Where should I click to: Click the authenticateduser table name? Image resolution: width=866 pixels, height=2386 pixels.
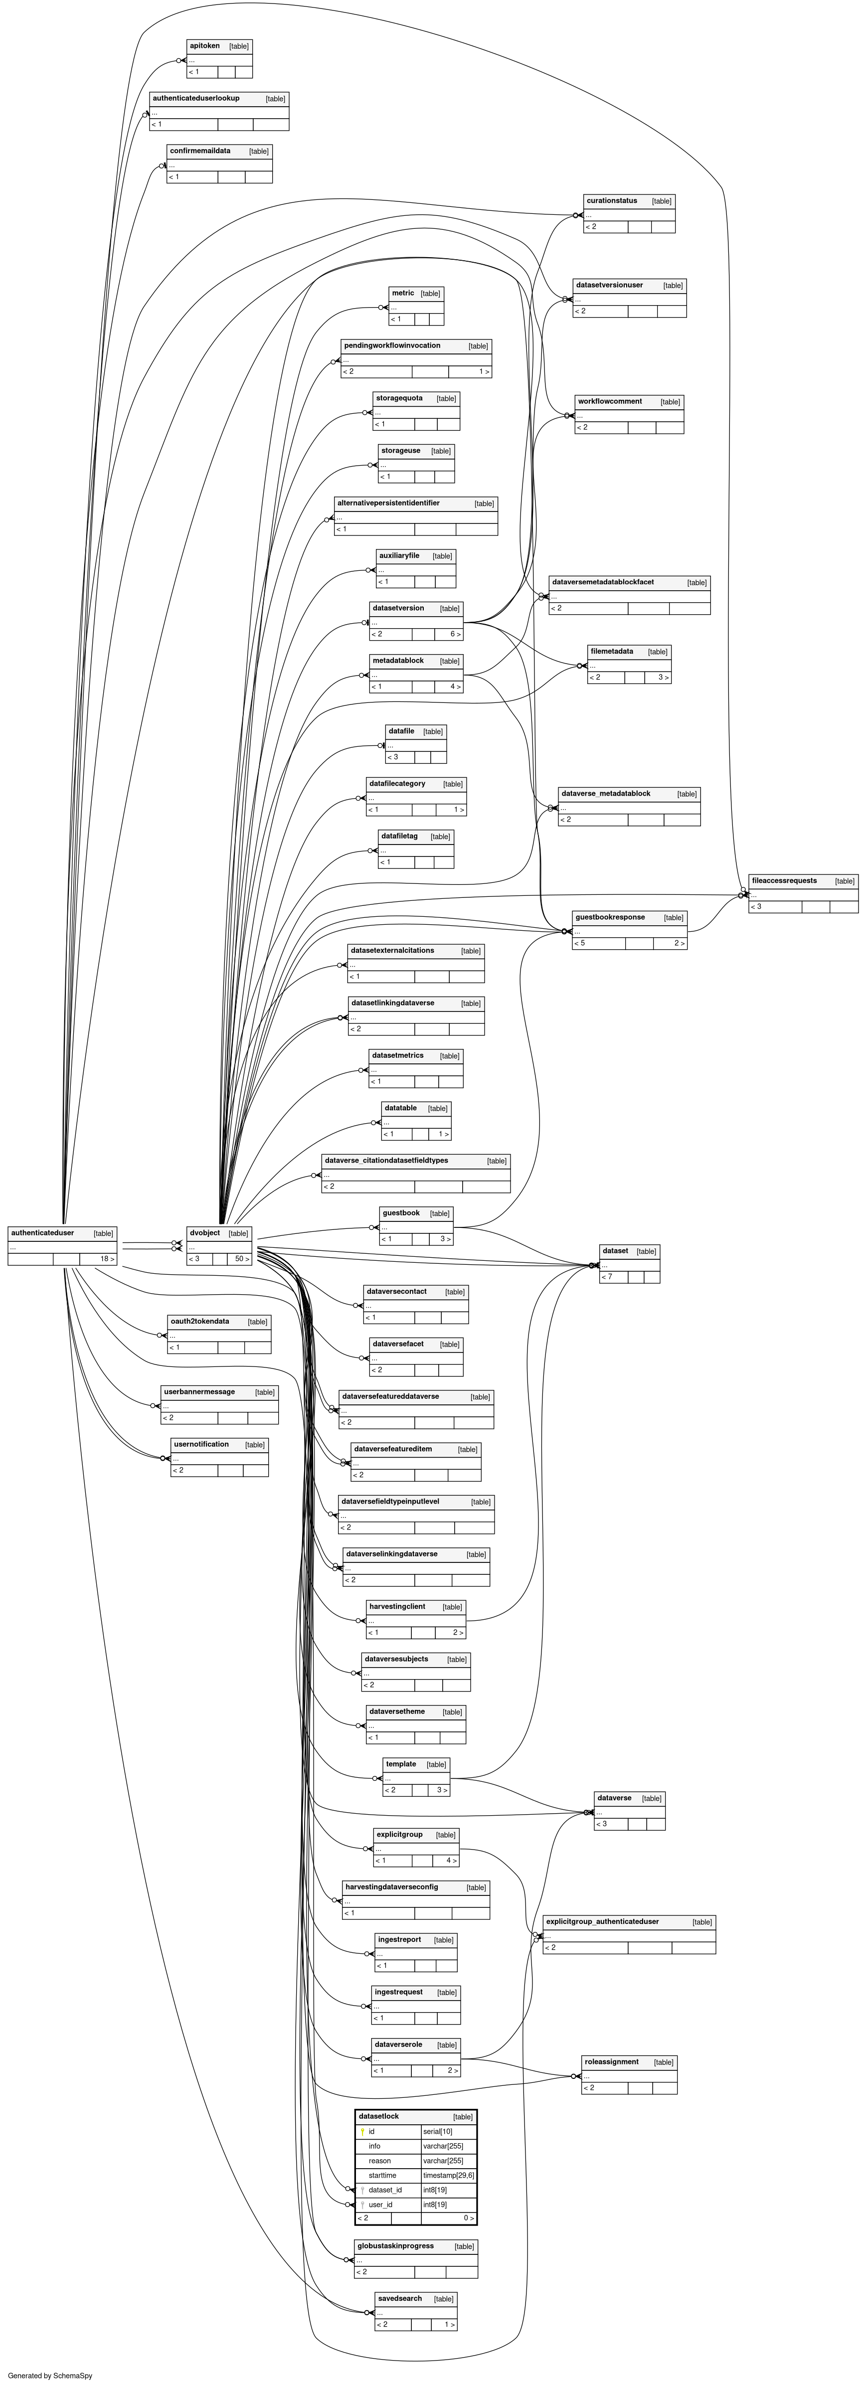(x=42, y=1233)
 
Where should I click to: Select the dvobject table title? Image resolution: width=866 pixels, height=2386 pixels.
(x=205, y=1233)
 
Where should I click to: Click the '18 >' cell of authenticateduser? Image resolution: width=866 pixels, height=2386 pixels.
(x=107, y=1259)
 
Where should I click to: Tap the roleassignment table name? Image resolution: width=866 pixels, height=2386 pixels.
(x=611, y=2062)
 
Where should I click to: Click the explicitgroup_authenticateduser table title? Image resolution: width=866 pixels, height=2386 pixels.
(x=602, y=1921)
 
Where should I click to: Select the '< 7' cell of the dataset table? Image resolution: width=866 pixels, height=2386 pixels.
(x=608, y=1276)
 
